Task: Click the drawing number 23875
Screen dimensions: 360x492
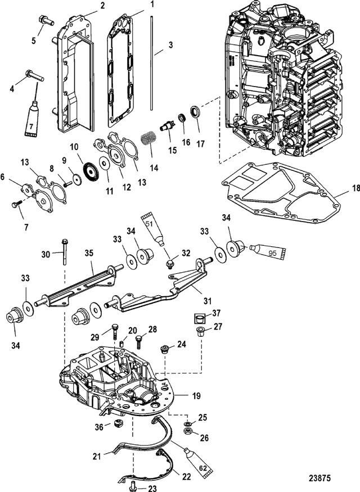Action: pos(320,478)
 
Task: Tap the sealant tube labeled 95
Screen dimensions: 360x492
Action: pos(268,252)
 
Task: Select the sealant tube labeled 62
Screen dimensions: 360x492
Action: pos(198,461)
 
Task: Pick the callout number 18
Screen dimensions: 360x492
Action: pos(355,188)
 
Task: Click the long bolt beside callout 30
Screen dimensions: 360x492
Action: pos(65,252)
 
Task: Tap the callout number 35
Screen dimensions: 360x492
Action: pos(89,253)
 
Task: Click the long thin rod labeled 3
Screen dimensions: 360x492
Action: pos(151,63)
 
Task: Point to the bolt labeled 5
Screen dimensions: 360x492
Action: pos(46,21)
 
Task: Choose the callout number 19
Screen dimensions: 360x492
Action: pos(196,396)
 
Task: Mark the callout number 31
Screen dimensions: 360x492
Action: pos(207,301)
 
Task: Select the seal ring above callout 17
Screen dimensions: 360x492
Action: pos(196,111)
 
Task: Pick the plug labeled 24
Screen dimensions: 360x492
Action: pos(164,349)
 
